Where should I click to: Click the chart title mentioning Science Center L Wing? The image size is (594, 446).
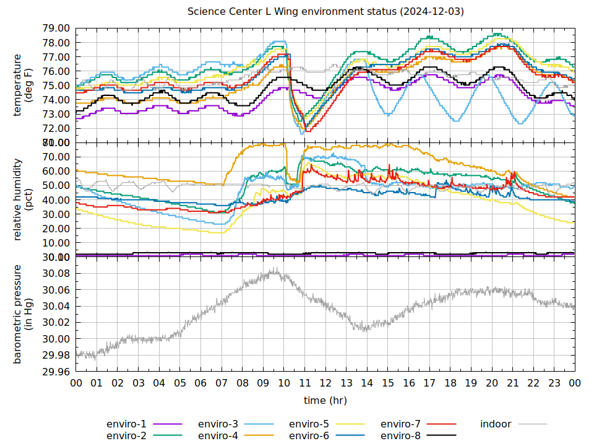326,12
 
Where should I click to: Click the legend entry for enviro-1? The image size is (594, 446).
127,424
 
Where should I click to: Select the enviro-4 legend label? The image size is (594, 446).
218,435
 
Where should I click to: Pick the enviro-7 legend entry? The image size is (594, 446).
400,424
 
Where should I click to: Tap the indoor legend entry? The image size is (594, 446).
496,424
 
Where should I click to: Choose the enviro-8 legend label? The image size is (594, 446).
400,435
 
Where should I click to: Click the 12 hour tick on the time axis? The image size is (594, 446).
325,383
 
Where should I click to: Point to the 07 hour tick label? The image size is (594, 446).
222,383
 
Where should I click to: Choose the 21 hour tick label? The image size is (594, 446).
512,383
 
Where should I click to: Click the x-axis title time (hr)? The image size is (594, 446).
325,400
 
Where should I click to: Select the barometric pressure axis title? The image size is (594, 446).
22,314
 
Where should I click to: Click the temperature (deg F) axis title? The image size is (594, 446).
22,85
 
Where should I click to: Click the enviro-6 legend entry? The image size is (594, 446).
309,435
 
